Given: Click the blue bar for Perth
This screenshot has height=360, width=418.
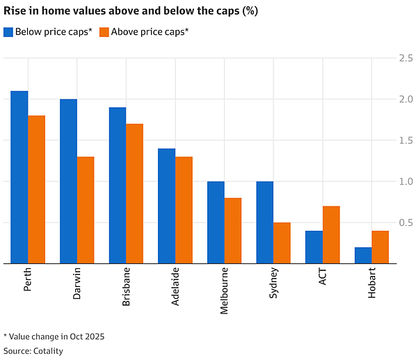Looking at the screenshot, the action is click(x=19, y=177).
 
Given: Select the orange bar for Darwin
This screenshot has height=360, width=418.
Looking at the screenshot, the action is click(x=86, y=211).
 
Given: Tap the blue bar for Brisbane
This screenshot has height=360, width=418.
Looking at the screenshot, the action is click(x=118, y=186).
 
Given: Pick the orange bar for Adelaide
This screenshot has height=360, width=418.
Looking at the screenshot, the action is click(x=184, y=211).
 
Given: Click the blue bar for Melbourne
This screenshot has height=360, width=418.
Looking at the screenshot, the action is click(x=216, y=222).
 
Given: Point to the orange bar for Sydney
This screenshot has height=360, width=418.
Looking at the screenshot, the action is click(x=282, y=243).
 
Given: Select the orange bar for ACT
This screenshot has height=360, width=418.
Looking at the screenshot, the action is click(x=331, y=235).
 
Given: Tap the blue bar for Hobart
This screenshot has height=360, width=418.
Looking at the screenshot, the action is click(x=363, y=256).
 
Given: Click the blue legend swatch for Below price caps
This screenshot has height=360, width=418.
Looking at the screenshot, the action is click(x=8, y=32).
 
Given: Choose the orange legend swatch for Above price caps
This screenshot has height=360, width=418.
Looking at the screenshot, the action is click(x=104, y=32).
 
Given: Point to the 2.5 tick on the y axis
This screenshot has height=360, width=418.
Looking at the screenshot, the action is click(x=406, y=58).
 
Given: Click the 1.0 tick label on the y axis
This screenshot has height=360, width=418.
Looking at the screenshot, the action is click(x=406, y=181).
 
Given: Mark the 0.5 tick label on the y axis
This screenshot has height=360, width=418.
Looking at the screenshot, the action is click(x=406, y=222).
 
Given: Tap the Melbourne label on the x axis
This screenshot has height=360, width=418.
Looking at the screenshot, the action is click(x=224, y=291).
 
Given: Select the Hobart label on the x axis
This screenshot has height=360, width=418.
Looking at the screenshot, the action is click(x=371, y=283).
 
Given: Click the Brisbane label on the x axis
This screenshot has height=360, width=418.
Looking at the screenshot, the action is click(x=126, y=286).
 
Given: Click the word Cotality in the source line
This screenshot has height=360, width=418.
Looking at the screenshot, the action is click(x=48, y=351).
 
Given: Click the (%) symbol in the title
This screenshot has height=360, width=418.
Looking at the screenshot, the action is click(x=250, y=11).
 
